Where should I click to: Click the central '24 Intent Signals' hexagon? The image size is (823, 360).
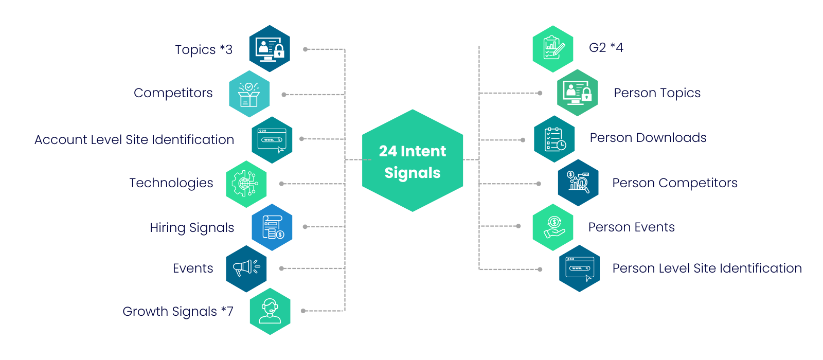click(x=413, y=160)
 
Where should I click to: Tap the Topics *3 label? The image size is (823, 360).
click(x=203, y=50)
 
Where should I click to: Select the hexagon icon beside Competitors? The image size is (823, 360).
click(x=249, y=94)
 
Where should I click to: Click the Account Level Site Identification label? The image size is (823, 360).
click(x=134, y=139)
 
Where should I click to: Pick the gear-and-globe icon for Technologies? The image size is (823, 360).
click(x=246, y=184)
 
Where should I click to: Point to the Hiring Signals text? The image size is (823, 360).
click(x=192, y=227)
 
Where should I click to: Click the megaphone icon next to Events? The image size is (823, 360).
click(x=246, y=268)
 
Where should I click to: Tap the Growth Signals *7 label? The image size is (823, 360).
click(x=177, y=311)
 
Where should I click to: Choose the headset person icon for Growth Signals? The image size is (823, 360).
click(x=270, y=311)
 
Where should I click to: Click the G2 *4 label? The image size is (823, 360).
click(x=606, y=48)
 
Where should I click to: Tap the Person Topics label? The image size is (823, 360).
click(x=657, y=93)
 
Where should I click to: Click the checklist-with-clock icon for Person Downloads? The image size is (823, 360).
click(x=554, y=139)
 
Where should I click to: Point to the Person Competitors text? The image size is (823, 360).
click(x=675, y=183)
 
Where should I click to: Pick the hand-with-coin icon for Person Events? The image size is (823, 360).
click(x=553, y=227)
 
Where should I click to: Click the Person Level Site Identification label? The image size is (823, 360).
click(x=707, y=268)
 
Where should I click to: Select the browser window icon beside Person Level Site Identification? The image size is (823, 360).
click(x=580, y=268)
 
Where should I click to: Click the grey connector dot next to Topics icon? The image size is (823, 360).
click(x=305, y=49)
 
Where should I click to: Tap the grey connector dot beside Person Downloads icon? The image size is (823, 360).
click(x=523, y=140)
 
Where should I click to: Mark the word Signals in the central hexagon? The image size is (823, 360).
click(x=413, y=173)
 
